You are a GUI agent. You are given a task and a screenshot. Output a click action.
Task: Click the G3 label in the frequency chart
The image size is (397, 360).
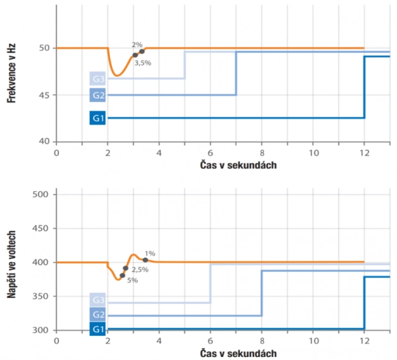click(98, 79)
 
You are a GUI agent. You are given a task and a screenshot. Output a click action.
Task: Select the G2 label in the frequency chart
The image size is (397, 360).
click(98, 95)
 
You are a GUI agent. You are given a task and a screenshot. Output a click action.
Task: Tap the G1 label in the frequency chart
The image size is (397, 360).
click(98, 118)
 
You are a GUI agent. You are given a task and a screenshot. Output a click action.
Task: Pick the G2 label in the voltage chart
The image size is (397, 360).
click(98, 315)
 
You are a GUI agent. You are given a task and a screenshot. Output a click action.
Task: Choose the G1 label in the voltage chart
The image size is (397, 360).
click(98, 328)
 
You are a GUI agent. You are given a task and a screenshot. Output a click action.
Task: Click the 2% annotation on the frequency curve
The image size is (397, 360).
click(137, 45)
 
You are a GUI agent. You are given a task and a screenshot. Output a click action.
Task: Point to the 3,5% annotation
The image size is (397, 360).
click(143, 63)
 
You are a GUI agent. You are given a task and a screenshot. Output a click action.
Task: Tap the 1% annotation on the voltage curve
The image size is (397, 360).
click(151, 253)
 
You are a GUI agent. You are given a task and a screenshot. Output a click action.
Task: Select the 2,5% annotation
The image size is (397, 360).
click(140, 269)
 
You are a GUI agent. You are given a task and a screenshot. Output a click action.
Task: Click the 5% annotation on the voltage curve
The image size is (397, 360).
click(132, 281)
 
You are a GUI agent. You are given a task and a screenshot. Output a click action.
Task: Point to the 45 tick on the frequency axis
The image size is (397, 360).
click(45, 95)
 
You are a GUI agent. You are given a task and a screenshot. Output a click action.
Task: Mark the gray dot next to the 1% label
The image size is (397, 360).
click(146, 260)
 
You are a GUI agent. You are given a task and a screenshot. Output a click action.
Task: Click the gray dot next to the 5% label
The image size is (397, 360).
click(122, 276)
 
